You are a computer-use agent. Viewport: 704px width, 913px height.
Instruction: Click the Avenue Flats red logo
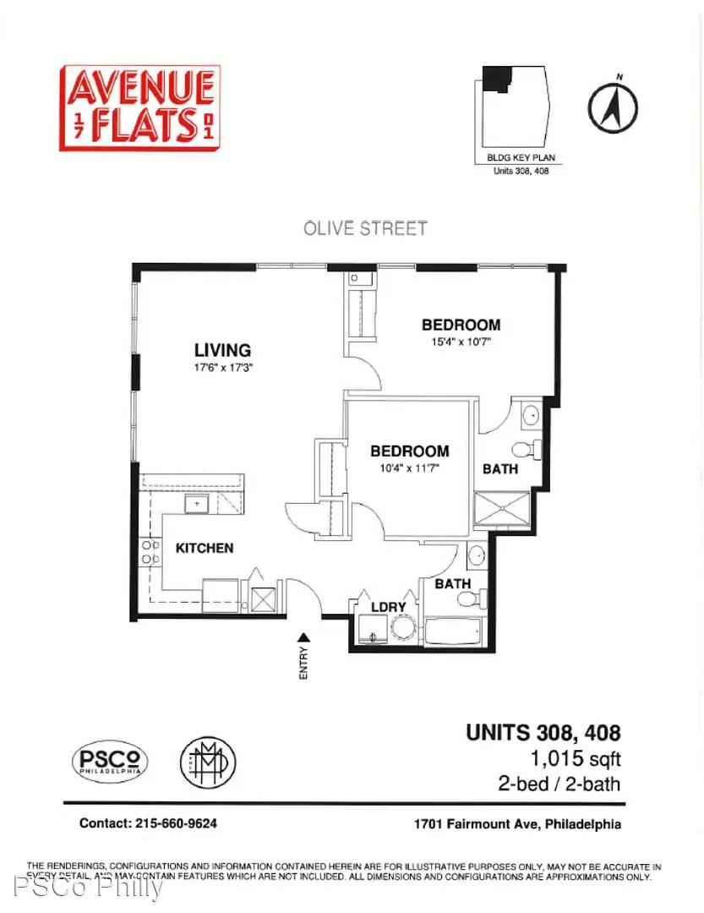[139, 107]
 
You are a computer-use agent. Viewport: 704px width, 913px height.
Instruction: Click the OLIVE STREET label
[365, 228]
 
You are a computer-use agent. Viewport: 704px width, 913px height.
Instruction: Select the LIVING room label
[222, 350]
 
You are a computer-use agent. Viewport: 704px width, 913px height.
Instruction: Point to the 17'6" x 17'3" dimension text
[223, 368]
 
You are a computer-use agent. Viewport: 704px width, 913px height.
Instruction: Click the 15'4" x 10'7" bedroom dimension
[461, 342]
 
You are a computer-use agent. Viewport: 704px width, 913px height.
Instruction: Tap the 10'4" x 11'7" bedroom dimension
[409, 467]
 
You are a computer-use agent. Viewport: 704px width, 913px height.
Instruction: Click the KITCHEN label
[205, 548]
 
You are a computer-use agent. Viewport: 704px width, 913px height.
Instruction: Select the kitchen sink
[197, 504]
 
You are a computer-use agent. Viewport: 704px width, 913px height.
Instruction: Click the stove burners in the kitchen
[150, 552]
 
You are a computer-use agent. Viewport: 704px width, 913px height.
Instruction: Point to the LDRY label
[389, 607]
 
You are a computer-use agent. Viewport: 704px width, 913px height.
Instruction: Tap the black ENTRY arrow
[303, 637]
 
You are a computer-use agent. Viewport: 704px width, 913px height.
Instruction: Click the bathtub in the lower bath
[453, 631]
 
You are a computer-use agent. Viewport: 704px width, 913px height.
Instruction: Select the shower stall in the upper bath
[502, 509]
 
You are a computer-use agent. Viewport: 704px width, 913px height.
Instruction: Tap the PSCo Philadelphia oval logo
[110, 761]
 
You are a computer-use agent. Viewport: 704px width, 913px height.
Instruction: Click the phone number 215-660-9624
[176, 823]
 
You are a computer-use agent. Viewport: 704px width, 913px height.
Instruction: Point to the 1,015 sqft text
[576, 758]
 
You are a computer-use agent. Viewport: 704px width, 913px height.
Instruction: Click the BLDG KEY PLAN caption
[521, 157]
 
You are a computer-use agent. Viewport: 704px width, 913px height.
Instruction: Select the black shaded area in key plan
[496, 78]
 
